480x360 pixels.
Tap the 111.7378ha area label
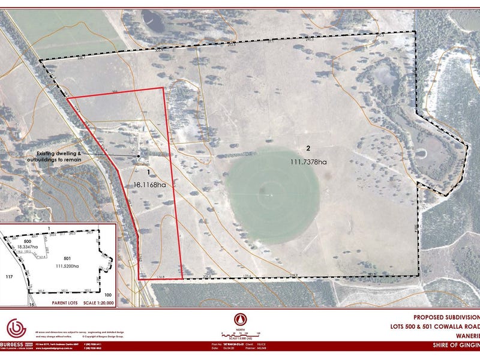pos(308,162)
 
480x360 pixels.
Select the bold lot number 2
pos(308,148)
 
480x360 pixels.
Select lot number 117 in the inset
pos(8,277)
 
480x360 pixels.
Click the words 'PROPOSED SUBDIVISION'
pos(448,316)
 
